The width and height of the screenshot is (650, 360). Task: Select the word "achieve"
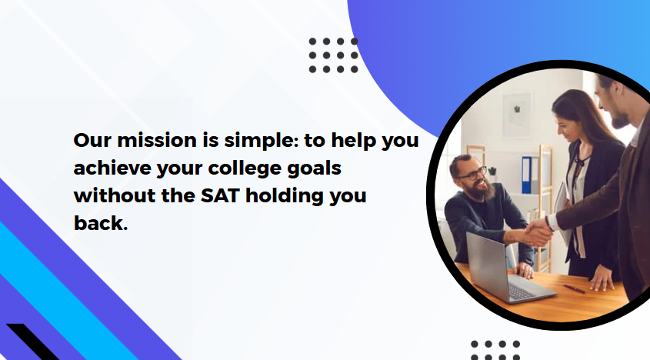click(112, 168)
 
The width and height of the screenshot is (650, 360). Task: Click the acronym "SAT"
click(220, 195)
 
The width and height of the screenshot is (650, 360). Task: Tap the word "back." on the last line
click(101, 223)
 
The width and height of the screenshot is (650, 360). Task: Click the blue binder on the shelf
click(526, 175)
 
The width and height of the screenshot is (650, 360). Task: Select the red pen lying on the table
click(574, 288)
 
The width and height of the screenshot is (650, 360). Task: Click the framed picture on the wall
click(517, 115)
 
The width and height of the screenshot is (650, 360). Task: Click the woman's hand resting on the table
click(601, 282)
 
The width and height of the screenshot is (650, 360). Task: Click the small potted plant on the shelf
click(492, 171)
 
